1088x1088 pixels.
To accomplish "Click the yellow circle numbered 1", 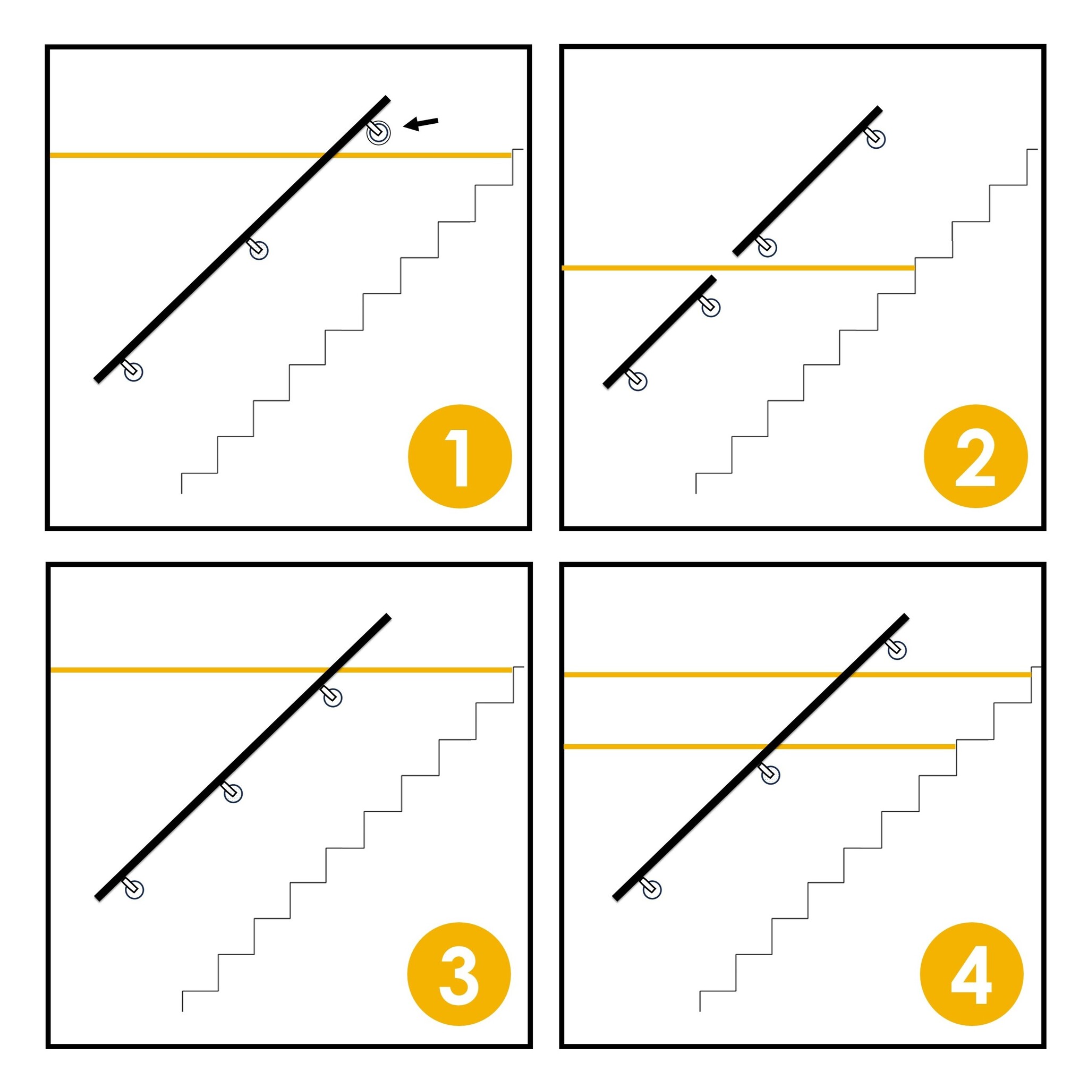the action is [x=460, y=456].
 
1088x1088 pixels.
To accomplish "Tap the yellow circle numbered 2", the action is [x=975, y=456].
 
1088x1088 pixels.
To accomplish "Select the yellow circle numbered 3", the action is [x=459, y=974].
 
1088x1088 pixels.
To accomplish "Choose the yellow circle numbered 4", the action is [x=972, y=974].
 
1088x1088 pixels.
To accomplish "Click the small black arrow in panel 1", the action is [x=421, y=123].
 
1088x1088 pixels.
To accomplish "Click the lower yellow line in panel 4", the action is [x=760, y=747].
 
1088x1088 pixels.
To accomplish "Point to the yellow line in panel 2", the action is [x=738, y=268].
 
